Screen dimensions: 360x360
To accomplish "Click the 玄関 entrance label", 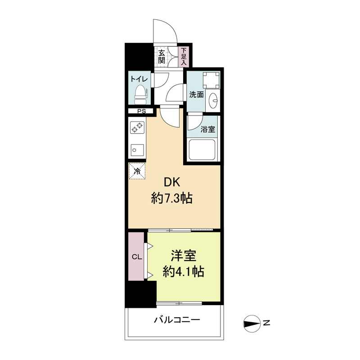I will (x=162, y=57).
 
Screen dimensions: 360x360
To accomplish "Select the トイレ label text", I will (x=139, y=79).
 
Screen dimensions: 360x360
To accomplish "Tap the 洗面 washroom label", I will (x=196, y=94).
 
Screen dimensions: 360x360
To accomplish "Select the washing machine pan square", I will (x=211, y=81).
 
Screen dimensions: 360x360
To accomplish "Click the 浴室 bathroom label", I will (x=208, y=130).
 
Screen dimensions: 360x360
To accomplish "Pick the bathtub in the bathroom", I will (x=203, y=150).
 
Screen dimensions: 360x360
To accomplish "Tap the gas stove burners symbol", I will (x=137, y=128).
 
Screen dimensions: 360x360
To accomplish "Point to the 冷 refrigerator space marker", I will (x=138, y=170).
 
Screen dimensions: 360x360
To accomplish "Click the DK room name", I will (x=171, y=182).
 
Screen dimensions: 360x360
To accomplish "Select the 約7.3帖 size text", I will (x=171, y=198).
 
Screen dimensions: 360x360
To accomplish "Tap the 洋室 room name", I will (x=183, y=255).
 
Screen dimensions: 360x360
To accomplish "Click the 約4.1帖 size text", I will (x=183, y=271).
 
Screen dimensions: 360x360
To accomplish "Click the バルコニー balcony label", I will (x=177, y=320).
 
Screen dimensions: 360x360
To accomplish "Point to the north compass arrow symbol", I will (x=252, y=323).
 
